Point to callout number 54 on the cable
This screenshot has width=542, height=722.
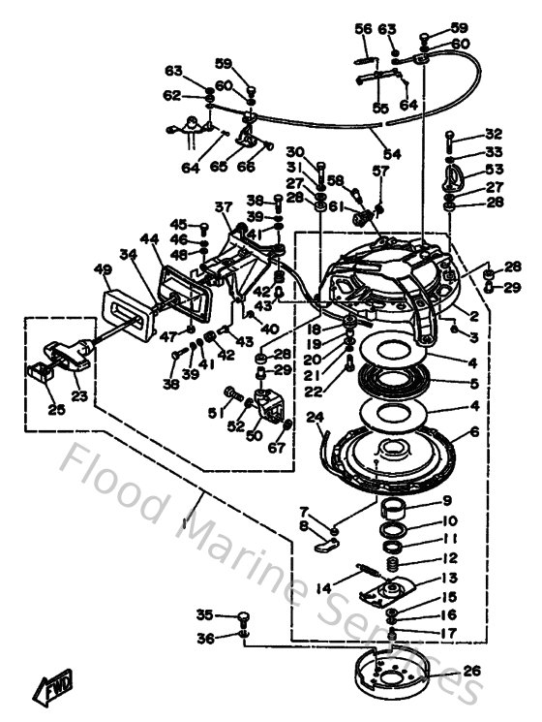coord(390,154)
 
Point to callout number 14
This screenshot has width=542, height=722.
coord(323,587)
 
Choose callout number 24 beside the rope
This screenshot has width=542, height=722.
coord(315,418)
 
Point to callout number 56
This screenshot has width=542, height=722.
coord(363,30)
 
